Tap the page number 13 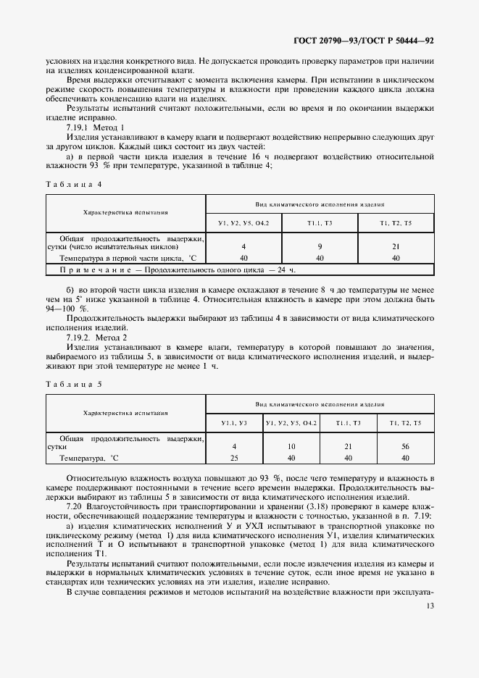coord(430,606)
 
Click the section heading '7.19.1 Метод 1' coord(96,126)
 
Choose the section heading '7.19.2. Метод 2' coord(98,338)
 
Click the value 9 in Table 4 coord(319,247)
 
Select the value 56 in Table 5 coord(405,448)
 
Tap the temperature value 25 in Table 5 coord(234,458)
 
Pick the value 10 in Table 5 coord(290,448)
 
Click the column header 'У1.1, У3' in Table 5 coord(234,422)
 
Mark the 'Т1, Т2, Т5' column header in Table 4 coord(395,222)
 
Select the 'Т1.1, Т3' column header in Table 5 coord(347,422)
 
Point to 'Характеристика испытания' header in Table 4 coord(126,213)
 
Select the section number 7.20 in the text coord(75,507)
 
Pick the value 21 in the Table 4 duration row coord(395,247)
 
